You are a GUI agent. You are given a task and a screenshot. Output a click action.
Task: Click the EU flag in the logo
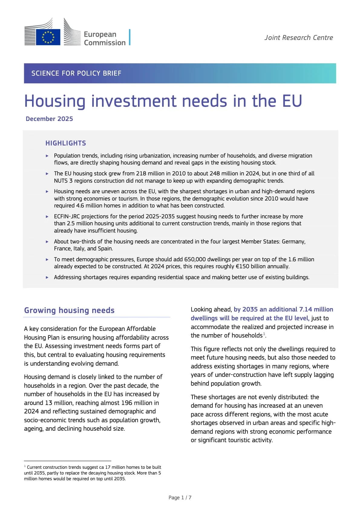[48, 37]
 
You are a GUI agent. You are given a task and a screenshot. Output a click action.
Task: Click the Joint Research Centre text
[299, 38]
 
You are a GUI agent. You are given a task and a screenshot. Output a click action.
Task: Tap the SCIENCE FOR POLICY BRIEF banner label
[76, 73]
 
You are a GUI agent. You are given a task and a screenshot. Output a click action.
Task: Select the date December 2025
[49, 119]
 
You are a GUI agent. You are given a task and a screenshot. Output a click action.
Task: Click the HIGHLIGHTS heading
[66, 143]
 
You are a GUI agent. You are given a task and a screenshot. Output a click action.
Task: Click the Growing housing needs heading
[69, 310]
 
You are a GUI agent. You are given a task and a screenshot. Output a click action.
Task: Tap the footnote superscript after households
[264, 334]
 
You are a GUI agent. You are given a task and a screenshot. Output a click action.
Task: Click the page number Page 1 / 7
[180, 498]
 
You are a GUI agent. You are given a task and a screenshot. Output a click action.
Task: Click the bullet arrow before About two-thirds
[47, 242]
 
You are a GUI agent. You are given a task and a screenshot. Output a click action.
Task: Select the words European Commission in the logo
[104, 38]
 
